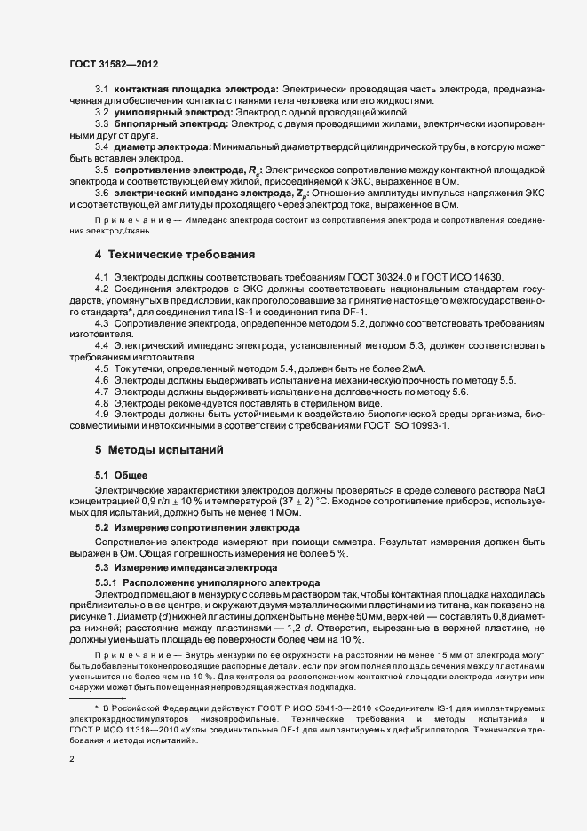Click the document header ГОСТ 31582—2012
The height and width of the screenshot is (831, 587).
coord(114,64)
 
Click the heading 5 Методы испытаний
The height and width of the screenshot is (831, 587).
coord(153,449)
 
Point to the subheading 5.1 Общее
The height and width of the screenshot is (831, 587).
coord(122,474)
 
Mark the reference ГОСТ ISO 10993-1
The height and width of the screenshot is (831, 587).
coord(405,426)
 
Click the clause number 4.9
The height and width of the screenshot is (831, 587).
coord(101,415)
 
